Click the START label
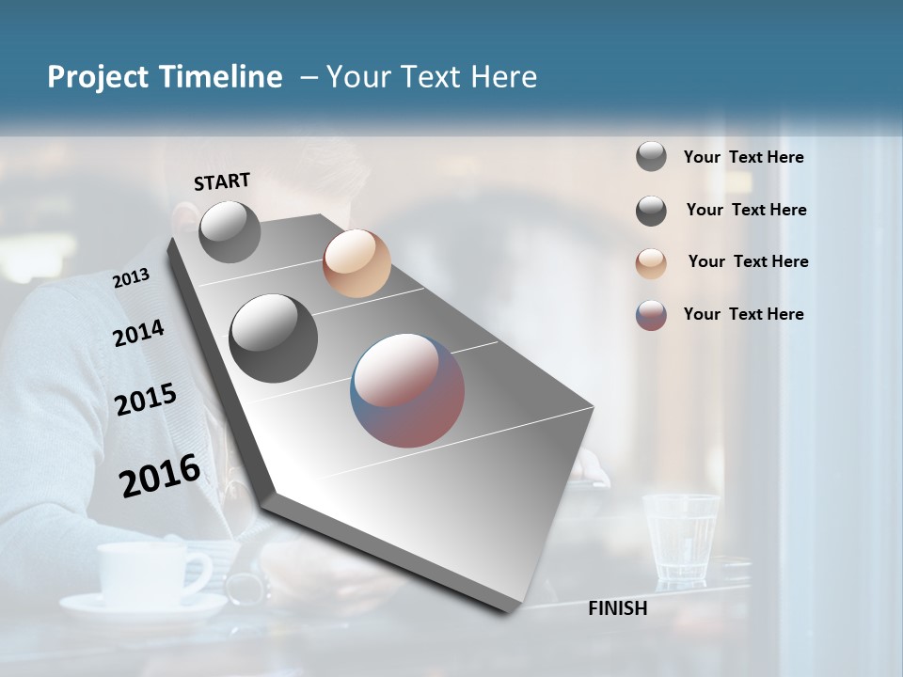coord(222,181)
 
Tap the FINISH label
coord(617,608)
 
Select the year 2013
coord(131,278)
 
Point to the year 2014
coord(138,334)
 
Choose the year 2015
coord(146,401)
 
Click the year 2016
coord(160,476)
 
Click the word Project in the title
coord(99,77)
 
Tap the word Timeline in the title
coord(221,77)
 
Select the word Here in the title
coord(503,77)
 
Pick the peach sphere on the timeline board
coord(356,263)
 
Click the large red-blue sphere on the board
coord(407,390)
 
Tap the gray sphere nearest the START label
coord(230,231)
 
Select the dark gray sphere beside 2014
coord(274,338)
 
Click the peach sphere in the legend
coord(651,263)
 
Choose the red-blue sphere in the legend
coord(651,315)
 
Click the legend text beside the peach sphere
coord(748,261)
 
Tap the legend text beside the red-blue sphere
coord(743,314)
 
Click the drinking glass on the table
coord(681,537)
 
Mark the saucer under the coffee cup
coord(141,606)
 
